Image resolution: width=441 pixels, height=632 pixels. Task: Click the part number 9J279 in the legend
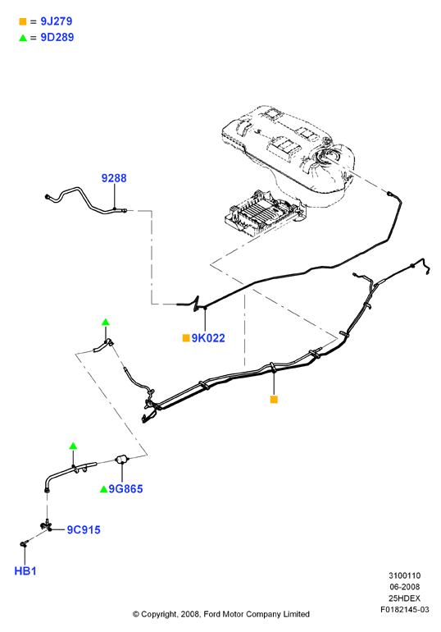(57, 21)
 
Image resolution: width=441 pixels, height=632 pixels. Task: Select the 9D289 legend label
(57, 38)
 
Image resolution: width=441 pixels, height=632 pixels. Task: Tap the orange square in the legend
(22, 21)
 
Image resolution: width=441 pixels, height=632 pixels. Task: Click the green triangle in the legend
(23, 38)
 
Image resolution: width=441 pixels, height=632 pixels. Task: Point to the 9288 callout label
(114, 178)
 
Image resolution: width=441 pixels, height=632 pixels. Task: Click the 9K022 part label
(208, 338)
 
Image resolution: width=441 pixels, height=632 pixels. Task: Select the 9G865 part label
(125, 489)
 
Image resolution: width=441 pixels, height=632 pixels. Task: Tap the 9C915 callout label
(84, 529)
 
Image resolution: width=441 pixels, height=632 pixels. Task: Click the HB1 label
(25, 571)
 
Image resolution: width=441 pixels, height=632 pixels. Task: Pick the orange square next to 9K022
(186, 338)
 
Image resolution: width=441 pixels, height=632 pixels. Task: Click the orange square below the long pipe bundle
(274, 400)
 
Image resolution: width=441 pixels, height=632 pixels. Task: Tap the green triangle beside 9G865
(103, 489)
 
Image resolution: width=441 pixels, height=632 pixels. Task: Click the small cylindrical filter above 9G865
(121, 460)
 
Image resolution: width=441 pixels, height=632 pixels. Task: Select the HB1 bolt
(23, 544)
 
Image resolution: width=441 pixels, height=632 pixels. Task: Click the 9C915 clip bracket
(46, 525)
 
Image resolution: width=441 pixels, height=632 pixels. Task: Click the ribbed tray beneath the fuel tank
(264, 214)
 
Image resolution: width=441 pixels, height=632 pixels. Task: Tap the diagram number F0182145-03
(405, 609)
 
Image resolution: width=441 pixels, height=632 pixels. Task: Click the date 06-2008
(405, 587)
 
